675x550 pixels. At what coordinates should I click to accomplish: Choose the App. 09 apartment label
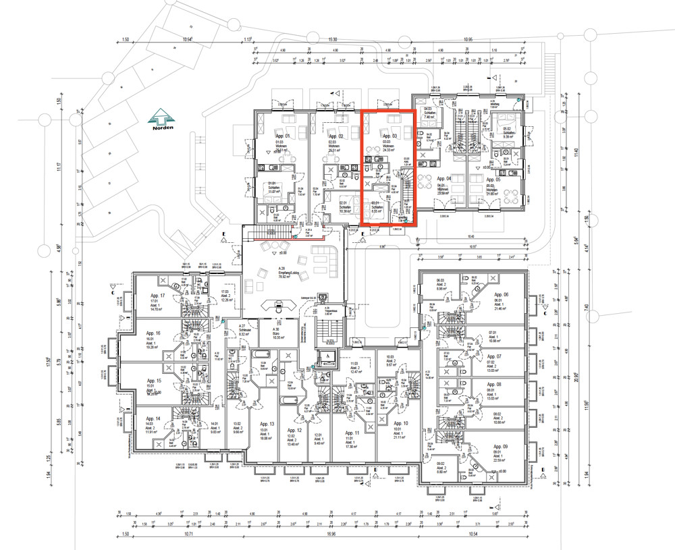[501, 447]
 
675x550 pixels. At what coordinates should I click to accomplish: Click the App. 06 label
[501, 295]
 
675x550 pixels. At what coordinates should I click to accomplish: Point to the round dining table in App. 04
[425, 182]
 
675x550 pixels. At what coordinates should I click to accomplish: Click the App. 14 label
[153, 418]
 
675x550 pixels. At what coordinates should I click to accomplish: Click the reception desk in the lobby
[277, 303]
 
